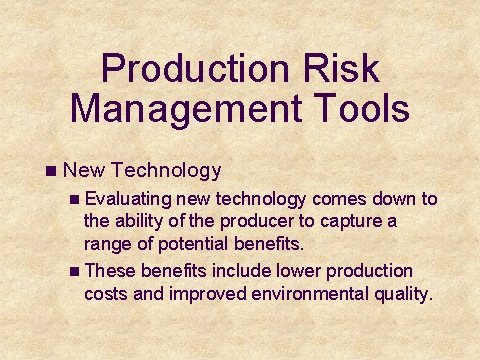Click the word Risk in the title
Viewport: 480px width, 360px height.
click(x=341, y=68)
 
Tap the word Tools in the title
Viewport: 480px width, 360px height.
click(x=361, y=107)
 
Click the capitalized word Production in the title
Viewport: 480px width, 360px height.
click(x=195, y=68)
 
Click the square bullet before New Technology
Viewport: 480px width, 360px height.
click(x=51, y=171)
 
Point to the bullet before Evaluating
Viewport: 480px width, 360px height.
click(x=75, y=200)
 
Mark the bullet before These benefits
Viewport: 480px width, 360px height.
click(x=75, y=272)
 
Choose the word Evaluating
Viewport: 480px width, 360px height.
click(x=128, y=200)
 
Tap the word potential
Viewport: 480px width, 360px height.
click(x=193, y=244)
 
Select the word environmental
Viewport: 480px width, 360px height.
click(x=310, y=294)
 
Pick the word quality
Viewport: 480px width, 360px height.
click(x=403, y=295)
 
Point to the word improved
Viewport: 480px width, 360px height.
click(x=208, y=295)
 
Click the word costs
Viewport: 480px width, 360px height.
click(x=106, y=295)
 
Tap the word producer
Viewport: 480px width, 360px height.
click(x=257, y=222)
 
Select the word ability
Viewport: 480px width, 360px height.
click(x=139, y=222)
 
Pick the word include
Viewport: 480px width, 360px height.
click(x=242, y=271)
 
